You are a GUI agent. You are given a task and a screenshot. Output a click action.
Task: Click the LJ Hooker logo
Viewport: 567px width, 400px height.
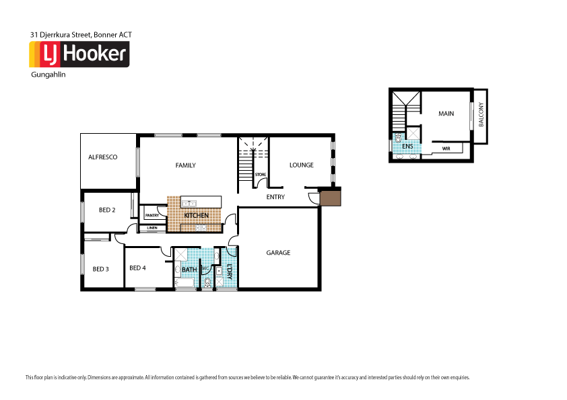point(79,54)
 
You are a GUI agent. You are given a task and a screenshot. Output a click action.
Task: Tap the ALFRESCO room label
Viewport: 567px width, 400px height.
point(103,157)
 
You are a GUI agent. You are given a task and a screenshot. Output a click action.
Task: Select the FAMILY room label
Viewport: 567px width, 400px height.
point(185,165)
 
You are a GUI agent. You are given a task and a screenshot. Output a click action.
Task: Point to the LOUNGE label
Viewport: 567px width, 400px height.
point(301,165)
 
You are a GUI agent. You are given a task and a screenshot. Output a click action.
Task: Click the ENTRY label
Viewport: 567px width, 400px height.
point(275,197)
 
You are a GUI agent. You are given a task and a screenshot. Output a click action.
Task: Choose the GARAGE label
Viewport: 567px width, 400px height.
point(278,253)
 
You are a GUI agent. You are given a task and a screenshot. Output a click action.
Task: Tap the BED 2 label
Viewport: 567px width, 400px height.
point(107,210)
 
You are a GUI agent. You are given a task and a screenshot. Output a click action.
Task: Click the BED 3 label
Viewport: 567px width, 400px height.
point(100,269)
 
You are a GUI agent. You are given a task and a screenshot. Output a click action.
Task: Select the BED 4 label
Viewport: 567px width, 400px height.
point(137,268)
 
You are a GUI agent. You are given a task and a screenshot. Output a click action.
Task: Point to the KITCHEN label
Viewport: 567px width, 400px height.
point(196,215)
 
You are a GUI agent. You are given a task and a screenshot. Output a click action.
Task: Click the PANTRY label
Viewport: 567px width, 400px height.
point(152,216)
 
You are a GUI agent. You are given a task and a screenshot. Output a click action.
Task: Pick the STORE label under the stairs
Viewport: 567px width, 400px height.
point(260,175)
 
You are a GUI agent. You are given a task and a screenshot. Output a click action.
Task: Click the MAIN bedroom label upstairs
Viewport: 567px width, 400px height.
point(446,114)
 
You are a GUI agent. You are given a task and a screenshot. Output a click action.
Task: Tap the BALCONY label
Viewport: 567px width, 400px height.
point(481,116)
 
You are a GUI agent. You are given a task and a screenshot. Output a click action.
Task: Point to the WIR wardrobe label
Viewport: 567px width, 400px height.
point(446,147)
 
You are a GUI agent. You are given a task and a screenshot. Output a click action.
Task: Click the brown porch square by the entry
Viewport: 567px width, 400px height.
point(331,198)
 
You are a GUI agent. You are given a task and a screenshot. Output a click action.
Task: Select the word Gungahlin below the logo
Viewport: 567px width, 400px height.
point(48,75)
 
